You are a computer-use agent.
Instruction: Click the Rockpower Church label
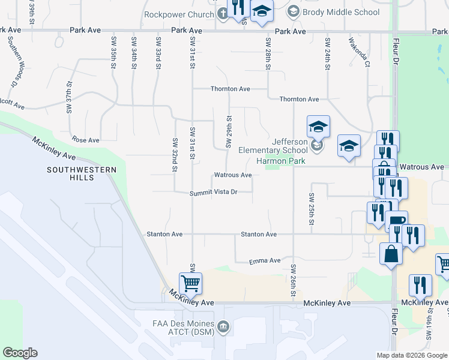pyautogui.click(x=179, y=14)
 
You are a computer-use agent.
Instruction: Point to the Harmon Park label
pyautogui.click(x=281, y=161)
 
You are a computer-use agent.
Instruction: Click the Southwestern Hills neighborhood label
pyautogui.click(x=82, y=175)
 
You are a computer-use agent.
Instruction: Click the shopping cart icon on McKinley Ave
pyautogui.click(x=190, y=283)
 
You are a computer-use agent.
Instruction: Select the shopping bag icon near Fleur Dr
pyautogui.click(x=391, y=253)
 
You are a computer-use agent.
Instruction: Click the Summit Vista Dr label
pyautogui.click(x=214, y=193)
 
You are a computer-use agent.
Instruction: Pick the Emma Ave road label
pyautogui.click(x=265, y=261)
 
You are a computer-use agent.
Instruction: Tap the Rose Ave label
pyautogui.click(x=86, y=140)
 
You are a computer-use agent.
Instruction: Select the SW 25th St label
pyautogui.click(x=312, y=209)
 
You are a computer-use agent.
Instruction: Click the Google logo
pyautogui.click(x=20, y=353)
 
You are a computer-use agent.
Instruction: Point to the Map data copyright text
pyautogui.click(x=412, y=355)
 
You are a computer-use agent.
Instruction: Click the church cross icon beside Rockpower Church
pyautogui.click(x=223, y=14)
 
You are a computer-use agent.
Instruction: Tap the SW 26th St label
pyautogui.click(x=294, y=278)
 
